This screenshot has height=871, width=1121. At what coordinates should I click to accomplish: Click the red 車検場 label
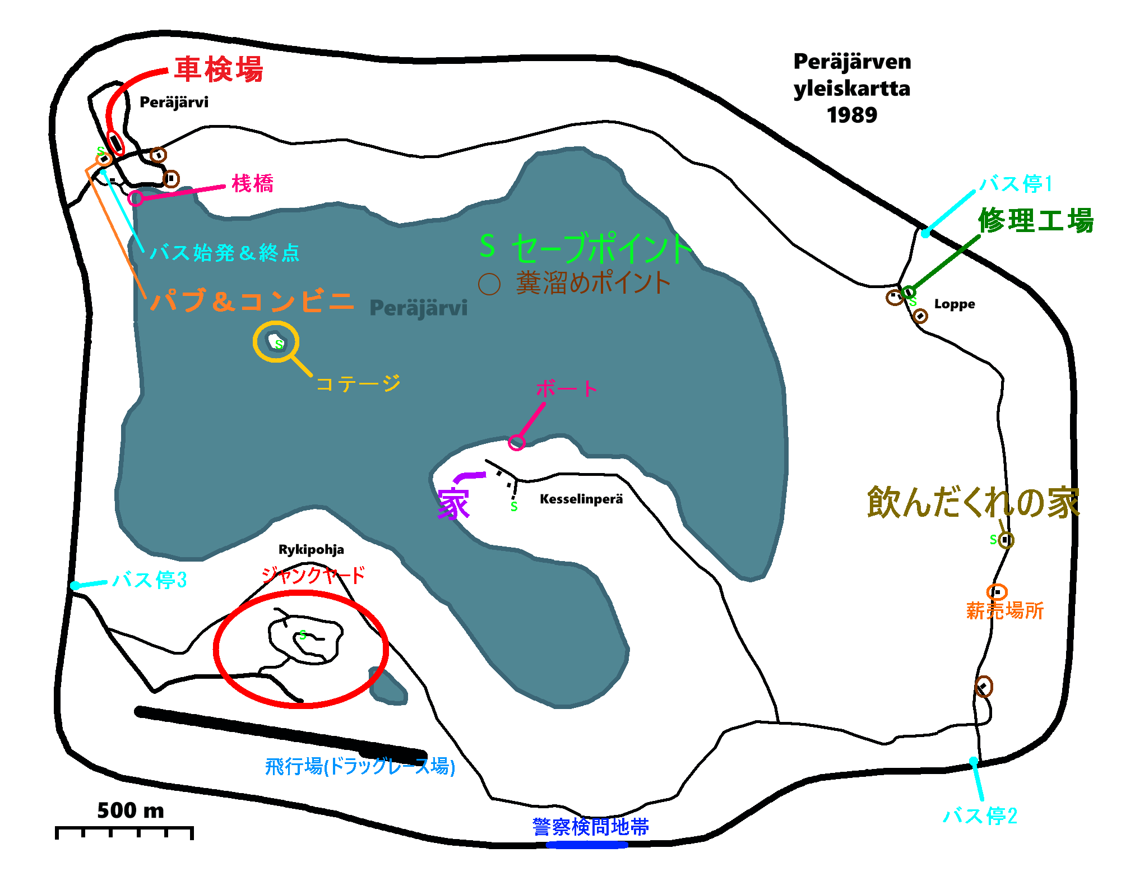coord(219,70)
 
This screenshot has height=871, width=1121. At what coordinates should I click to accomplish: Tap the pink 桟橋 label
coord(253,184)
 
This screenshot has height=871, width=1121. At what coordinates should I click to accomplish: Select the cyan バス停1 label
coord(1016,184)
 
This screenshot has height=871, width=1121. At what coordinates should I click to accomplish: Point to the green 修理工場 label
coord(1036,220)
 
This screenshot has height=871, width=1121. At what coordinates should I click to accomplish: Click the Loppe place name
coord(955,304)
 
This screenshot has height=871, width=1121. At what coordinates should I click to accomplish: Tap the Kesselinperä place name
coord(581,499)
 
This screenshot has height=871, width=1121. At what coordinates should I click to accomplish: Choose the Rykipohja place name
coord(311,549)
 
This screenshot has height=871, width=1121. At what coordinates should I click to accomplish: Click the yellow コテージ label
coord(359,384)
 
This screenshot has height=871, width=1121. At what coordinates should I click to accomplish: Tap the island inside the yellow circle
coord(276,341)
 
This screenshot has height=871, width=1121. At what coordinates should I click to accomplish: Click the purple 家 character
coord(453,503)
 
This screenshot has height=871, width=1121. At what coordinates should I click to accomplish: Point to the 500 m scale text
coord(131,810)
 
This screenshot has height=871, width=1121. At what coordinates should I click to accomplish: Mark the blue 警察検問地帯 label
coord(591,827)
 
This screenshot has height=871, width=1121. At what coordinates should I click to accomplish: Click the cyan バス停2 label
coord(980,816)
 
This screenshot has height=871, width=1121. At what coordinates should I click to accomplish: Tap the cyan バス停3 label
coord(149,580)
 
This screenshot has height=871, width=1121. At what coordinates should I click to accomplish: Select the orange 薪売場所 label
coord(1005,611)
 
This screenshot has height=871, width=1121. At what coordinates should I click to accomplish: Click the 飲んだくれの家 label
coord(973,502)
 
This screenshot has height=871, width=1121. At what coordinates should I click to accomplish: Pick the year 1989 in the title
coord(852,115)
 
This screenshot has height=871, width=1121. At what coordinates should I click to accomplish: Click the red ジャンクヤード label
coord(313,575)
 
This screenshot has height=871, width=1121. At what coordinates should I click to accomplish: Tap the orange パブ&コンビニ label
coord(252,302)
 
